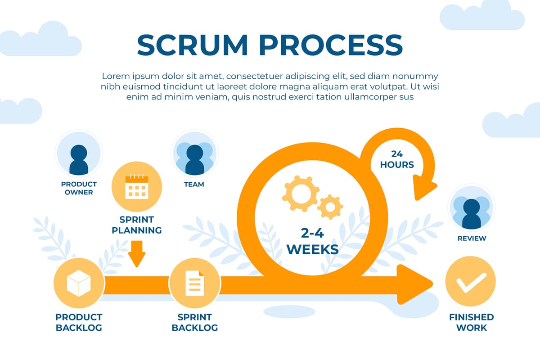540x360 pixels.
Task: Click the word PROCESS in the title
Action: coord(331,45)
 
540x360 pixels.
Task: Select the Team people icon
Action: coord(194,157)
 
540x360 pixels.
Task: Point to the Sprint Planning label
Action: coord(136,225)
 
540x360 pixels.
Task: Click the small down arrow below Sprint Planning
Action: coord(136,254)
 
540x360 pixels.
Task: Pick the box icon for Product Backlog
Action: coord(79,284)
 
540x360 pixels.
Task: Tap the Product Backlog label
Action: coord(79,322)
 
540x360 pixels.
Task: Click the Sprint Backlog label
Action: coord(194,322)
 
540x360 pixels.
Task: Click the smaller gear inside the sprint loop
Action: coord(331,207)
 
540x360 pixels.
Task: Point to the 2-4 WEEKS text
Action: coord(312,241)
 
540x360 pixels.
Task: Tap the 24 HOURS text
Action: coord(397,159)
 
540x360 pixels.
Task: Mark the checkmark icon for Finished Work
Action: coord(471,282)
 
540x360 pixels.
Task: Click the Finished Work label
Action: coord(471,322)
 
